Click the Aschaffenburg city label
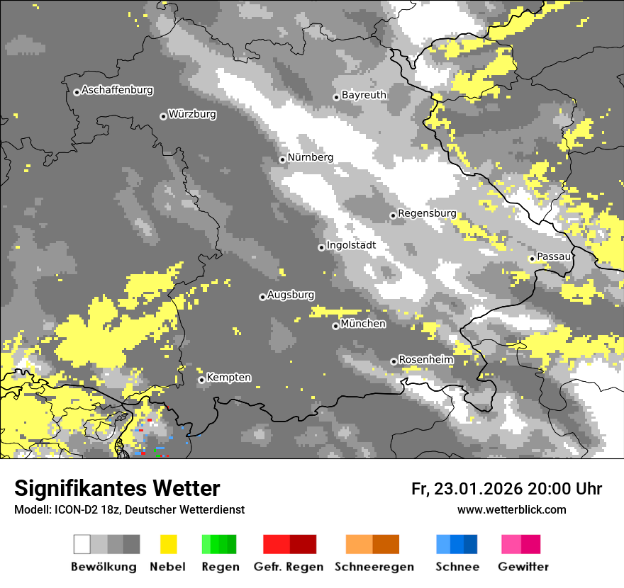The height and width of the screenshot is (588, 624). coord(117,91)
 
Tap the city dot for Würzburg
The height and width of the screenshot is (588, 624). coord(163,116)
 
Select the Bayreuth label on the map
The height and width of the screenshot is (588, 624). coord(364,95)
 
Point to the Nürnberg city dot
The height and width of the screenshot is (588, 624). coord(282,159)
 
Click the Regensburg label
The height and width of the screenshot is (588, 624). coord(427,213)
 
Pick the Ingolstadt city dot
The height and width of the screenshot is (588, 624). coord(321,247)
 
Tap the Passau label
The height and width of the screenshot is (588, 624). coord(554,256)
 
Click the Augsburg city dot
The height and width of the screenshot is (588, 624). coord(262,297)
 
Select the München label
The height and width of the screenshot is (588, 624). coord(363,324)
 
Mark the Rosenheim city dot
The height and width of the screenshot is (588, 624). coord(394,362)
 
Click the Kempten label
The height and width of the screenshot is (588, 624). coord(228,378)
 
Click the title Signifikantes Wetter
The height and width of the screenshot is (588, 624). coord(117,489)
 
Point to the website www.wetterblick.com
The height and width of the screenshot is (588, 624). coord(511,509)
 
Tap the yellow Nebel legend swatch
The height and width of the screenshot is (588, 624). coord(168,544)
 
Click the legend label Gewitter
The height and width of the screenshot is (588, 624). coord(523,567)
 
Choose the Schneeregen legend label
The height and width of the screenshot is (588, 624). coord(374,567)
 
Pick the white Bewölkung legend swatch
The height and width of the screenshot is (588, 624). coord(82,544)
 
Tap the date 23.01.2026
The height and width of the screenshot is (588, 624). coord(477,489)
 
